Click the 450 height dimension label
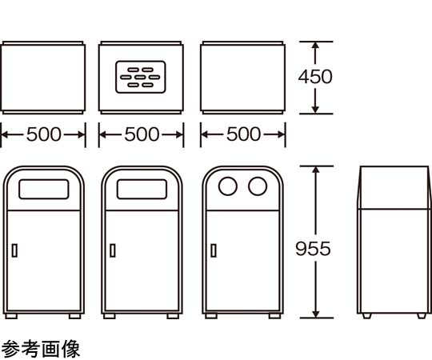pyautogui.click(x=315, y=77)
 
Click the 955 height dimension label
pyautogui.click(x=313, y=249)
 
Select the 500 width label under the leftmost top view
pyautogui.click(x=44, y=134)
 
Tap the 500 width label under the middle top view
pyautogui.click(x=142, y=134)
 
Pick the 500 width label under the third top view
pyautogui.click(x=243, y=134)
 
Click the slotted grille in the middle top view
pyautogui.click(x=141, y=77)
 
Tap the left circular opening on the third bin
pyautogui.click(x=227, y=186)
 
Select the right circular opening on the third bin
pyautogui.click(x=258, y=186)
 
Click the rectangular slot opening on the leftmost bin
pyautogui.click(x=44, y=189)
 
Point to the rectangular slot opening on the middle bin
pyautogui.click(x=142, y=189)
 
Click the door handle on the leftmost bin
pyautogui.click(x=14, y=250)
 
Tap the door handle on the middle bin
pyautogui.click(x=113, y=250)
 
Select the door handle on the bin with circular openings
pyautogui.click(x=214, y=250)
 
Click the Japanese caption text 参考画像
pyautogui.click(x=41, y=349)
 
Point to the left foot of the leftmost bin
pyautogui.click(x=11, y=316)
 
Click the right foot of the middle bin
pyautogui.click(x=173, y=316)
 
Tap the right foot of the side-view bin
pyautogui.click(x=422, y=316)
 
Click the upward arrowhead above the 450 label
pyautogui.click(x=315, y=46)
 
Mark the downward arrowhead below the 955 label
pyautogui.click(x=316, y=314)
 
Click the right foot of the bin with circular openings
pyautogui.click(x=274, y=316)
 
